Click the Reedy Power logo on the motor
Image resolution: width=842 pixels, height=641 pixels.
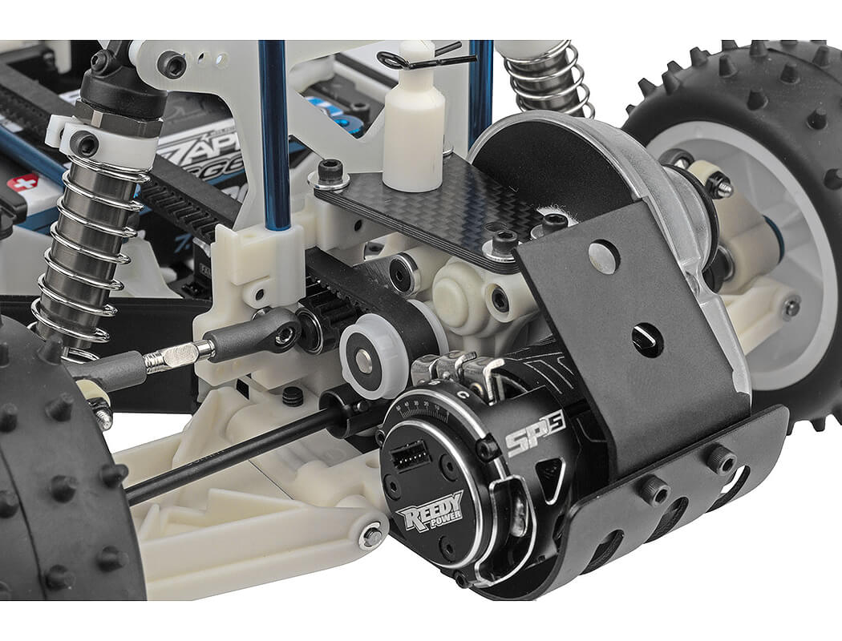(x=430, y=510)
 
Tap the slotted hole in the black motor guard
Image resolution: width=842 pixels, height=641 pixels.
(x=646, y=340)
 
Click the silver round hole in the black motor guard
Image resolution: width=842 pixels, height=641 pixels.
(x=603, y=257)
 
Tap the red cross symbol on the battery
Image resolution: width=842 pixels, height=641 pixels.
(x=23, y=183)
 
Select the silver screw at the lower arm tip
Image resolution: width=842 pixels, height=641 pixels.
(x=370, y=536)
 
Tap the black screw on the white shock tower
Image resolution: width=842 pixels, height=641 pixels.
(x=171, y=65)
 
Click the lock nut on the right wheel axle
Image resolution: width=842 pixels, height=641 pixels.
(x=719, y=186)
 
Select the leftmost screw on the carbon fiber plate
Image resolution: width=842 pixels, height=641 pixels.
(x=330, y=171)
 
